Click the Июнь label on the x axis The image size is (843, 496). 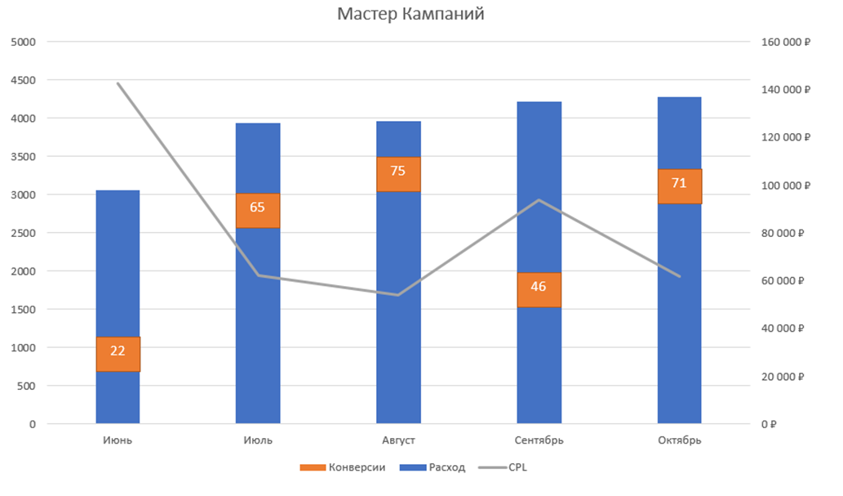(x=118, y=440)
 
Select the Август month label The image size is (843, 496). (x=398, y=440)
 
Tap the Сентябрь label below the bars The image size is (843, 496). (x=539, y=440)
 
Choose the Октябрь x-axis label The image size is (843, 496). (x=679, y=440)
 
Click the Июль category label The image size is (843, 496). (x=258, y=440)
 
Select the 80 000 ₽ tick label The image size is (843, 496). (x=784, y=233)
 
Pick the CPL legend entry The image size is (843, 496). (x=509, y=468)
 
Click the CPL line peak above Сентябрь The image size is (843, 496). (x=539, y=200)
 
